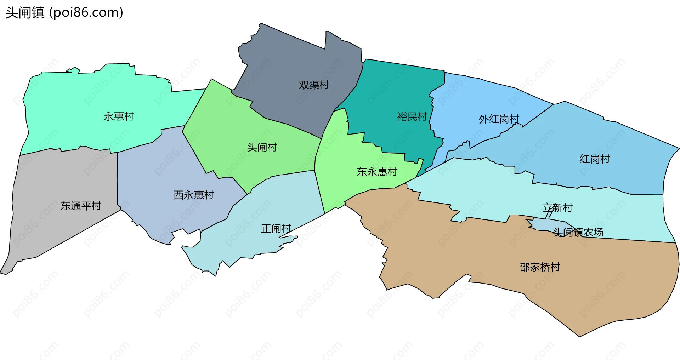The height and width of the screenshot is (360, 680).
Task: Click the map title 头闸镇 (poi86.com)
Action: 64,13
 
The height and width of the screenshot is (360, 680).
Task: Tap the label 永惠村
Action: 119,116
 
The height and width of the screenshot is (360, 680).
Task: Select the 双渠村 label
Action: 314,85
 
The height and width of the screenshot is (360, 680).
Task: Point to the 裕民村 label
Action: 412,116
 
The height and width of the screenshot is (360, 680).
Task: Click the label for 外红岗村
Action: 499,119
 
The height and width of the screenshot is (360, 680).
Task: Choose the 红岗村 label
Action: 595,159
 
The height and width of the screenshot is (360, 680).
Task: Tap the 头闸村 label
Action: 262,147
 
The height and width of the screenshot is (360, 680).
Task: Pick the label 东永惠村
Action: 377,172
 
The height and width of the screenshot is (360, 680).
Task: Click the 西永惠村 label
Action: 194,195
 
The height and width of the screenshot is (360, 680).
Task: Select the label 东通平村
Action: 81,206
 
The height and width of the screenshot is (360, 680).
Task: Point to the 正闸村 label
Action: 276,229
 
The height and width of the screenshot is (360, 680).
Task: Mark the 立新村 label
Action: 557,208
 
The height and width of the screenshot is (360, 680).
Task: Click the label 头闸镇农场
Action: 578,232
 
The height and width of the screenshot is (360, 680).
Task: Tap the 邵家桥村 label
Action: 540,267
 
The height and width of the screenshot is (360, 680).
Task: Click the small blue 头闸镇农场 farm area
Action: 542,224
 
